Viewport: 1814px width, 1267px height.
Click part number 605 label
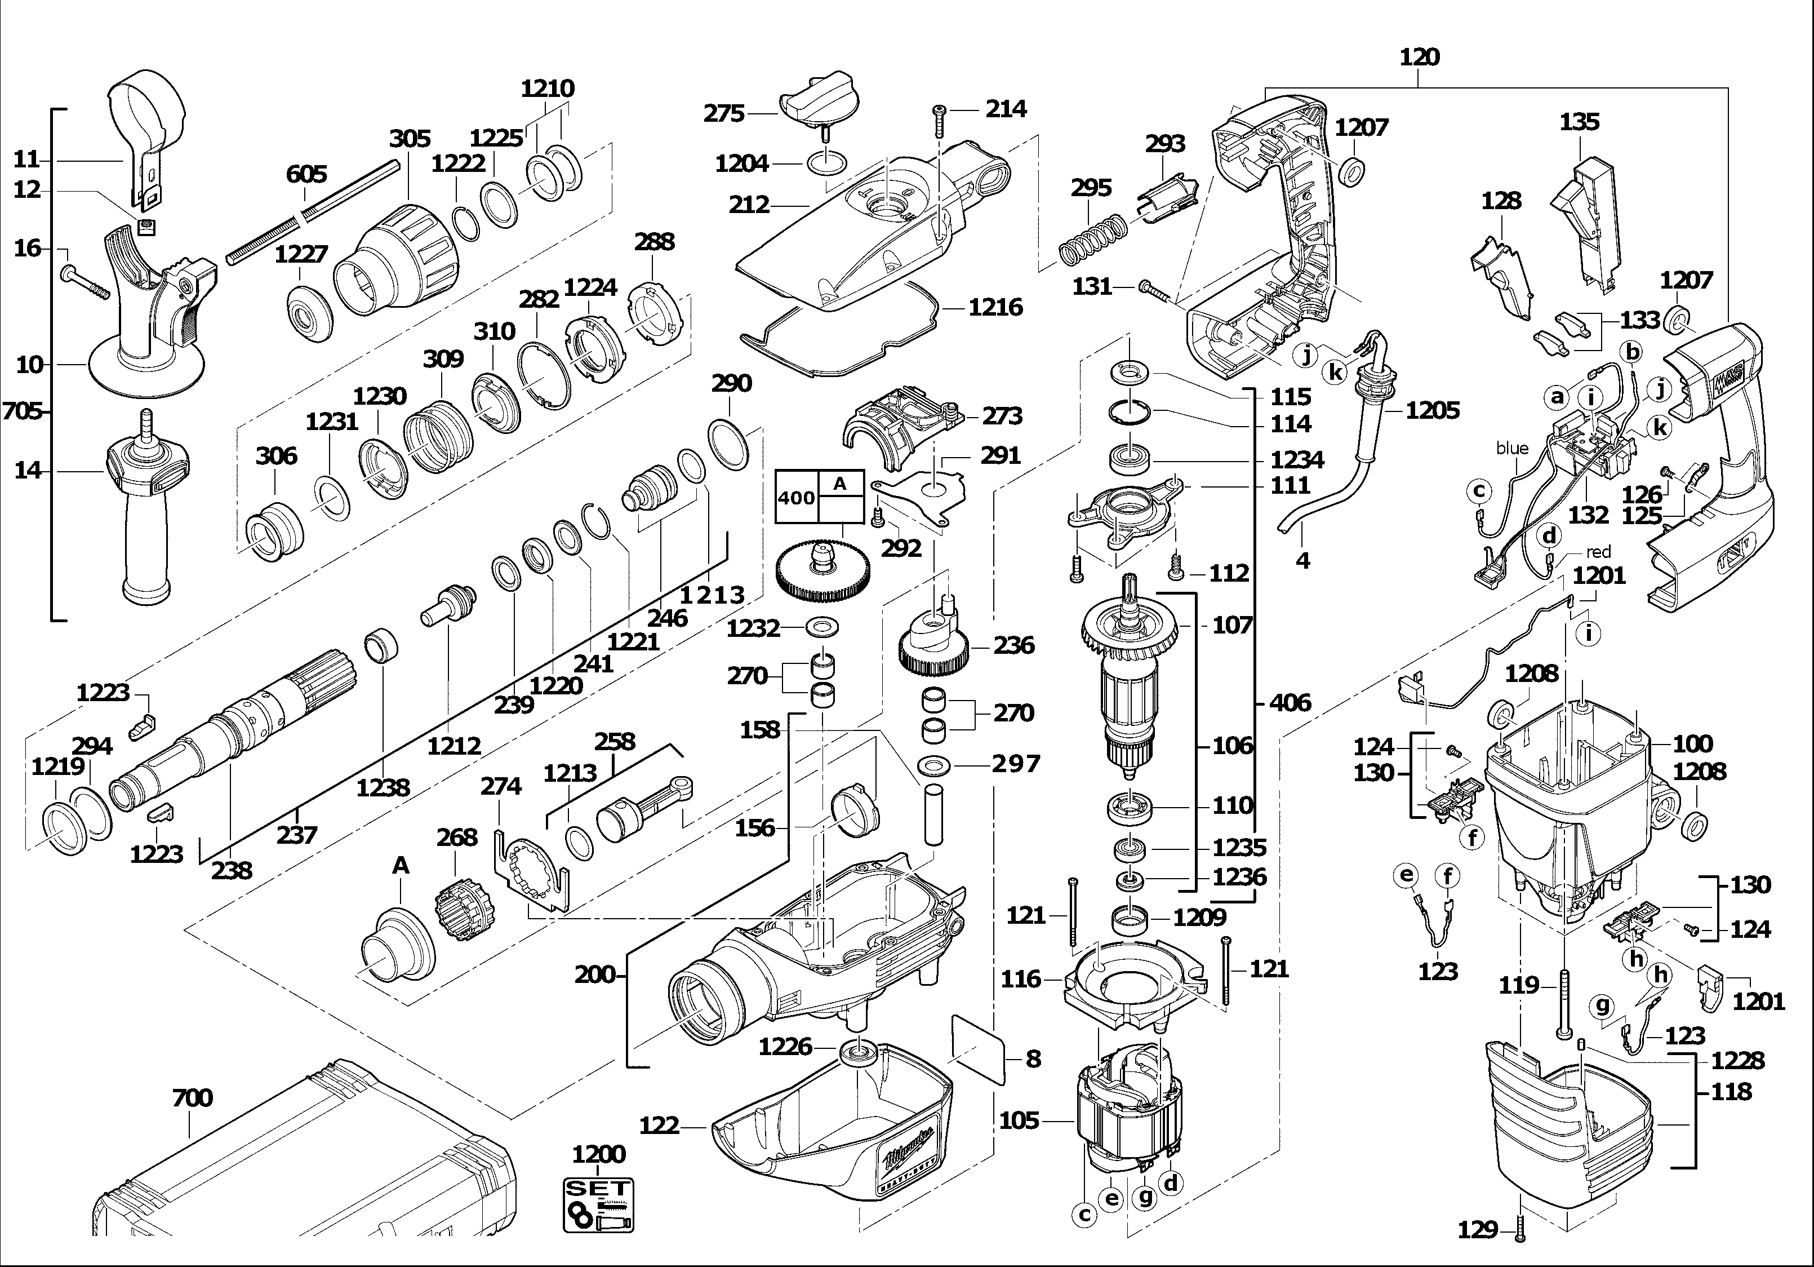point(306,174)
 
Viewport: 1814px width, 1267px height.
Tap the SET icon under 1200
point(599,1204)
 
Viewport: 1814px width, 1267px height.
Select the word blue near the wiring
point(1511,448)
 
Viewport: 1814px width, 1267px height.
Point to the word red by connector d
point(1598,552)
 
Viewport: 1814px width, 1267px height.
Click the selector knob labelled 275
point(816,107)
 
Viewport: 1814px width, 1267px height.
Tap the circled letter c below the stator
point(1085,1214)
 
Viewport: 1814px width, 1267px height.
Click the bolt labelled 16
point(85,282)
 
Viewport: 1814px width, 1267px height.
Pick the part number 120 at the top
point(1419,57)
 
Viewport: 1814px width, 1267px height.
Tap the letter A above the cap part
point(401,866)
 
